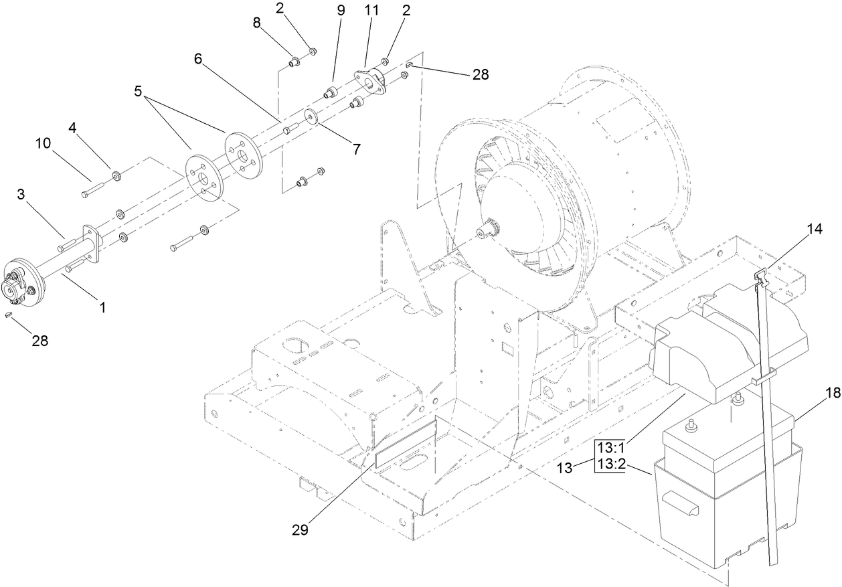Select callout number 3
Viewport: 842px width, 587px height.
[x=21, y=195]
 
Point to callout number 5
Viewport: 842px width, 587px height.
[x=139, y=92]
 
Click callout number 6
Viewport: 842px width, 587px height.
[x=198, y=59]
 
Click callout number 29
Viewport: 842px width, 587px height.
[x=300, y=529]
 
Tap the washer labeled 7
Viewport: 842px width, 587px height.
[x=311, y=115]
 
